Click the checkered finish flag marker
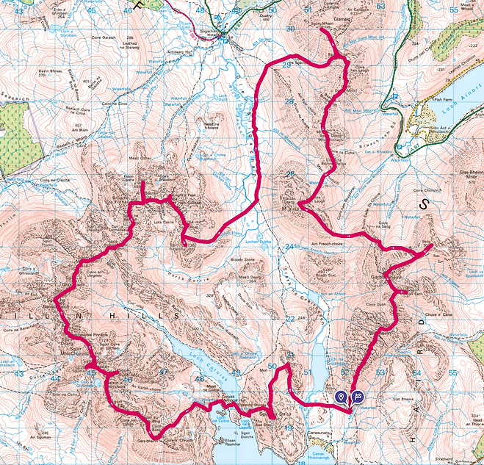[x=358, y=397]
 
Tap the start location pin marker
[x=341, y=397]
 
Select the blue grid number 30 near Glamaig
[x=291, y=29]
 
